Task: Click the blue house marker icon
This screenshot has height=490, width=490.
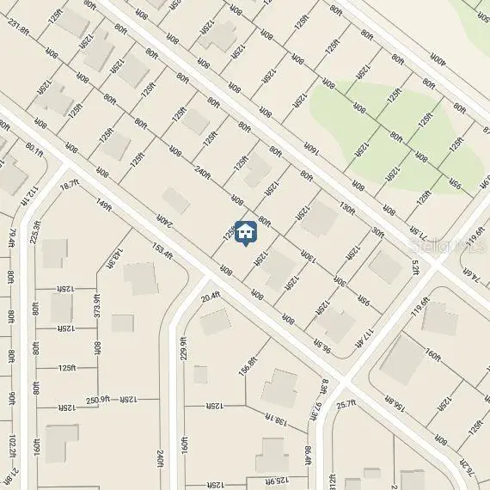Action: (246, 230)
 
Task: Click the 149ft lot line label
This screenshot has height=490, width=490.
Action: (104, 205)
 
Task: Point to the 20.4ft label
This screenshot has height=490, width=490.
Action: (211, 297)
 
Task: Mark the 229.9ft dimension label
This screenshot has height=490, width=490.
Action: (183, 351)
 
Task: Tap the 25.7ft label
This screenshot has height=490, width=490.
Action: (346, 403)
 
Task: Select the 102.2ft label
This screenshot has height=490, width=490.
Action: (11, 449)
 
